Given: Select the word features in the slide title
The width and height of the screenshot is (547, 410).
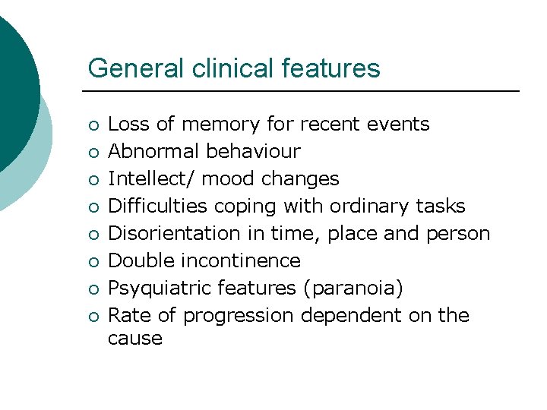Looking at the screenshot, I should point(330,68).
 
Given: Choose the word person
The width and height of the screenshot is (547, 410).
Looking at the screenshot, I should point(457,233).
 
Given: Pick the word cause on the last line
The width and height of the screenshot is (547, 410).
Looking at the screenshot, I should point(135,338).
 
